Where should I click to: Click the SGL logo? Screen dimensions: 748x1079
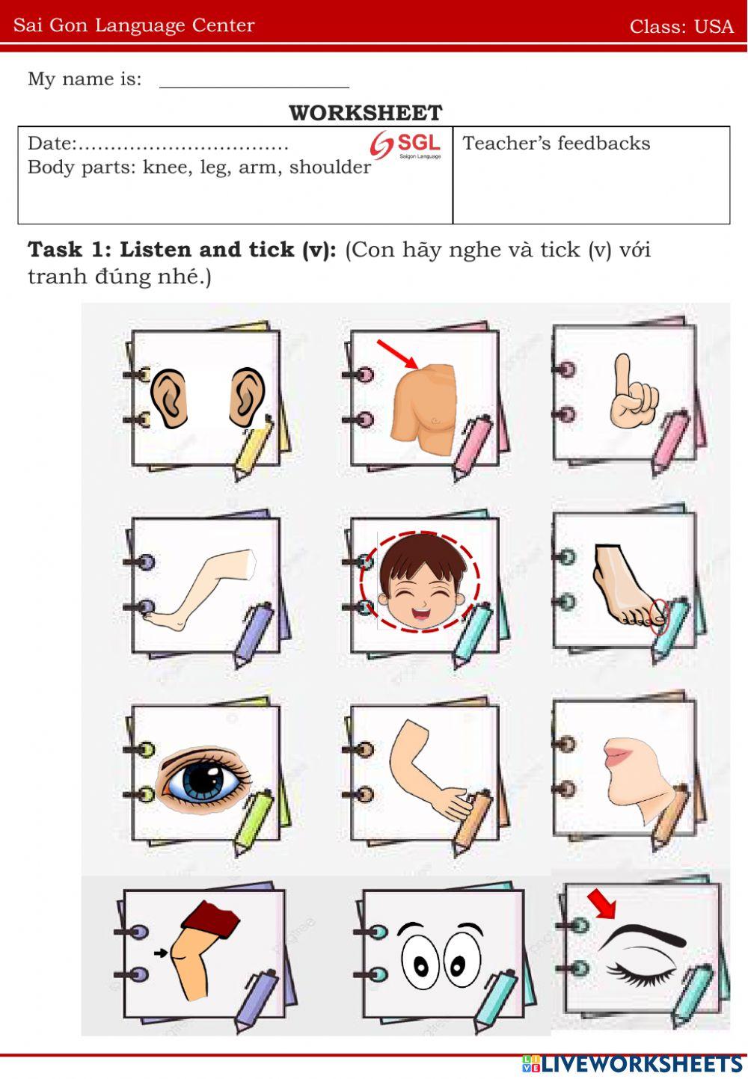[x=405, y=145]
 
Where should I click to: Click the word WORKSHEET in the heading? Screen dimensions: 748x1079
[x=365, y=113]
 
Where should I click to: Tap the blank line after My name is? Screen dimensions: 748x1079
[x=254, y=87]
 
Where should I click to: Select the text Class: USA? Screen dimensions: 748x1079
[x=681, y=26]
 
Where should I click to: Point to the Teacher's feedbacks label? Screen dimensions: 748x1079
[x=557, y=143]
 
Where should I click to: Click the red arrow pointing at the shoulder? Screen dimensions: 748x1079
[x=397, y=354]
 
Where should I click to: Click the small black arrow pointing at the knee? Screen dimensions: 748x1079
[x=161, y=953]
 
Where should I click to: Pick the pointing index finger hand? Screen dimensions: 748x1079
[x=634, y=391]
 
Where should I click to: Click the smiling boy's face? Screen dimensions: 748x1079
[x=421, y=582]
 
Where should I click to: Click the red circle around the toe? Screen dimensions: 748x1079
[x=659, y=617]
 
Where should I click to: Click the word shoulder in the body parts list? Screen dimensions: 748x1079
[x=330, y=167]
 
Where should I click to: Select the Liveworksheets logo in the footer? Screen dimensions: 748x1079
[x=632, y=1065]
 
